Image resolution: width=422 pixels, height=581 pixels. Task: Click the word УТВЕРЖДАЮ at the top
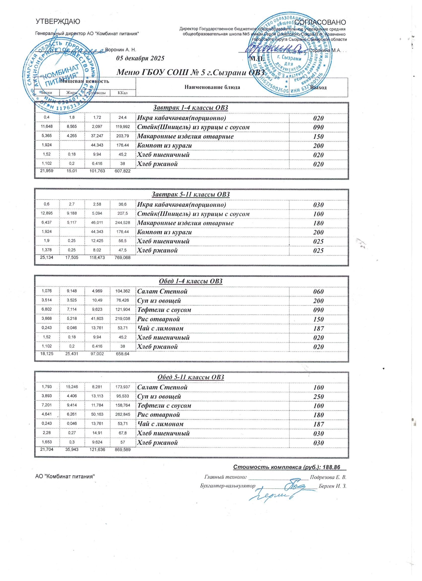[58, 22]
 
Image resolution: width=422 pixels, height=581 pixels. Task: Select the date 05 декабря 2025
[140, 58]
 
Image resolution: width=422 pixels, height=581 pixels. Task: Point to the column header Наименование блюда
[212, 87]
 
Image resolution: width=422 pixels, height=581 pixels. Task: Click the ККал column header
[123, 92]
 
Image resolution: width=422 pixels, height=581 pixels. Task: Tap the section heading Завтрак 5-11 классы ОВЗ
[191, 194]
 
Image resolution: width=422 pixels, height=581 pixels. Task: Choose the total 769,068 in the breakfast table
[122, 257]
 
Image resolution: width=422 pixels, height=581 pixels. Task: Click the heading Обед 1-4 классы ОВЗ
[191, 281]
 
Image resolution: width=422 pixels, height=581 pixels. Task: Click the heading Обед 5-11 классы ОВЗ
[191, 377]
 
